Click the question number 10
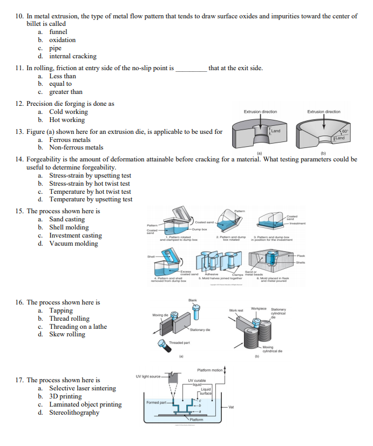coord(19,16)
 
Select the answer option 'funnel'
coord(58,32)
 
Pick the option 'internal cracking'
coord(73,56)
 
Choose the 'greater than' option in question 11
coord(66,92)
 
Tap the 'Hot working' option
coord(67,120)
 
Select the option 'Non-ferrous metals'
coord(76,147)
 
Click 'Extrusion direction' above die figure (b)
coord(323,112)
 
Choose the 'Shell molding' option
coord(70,227)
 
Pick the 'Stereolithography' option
coord(74,413)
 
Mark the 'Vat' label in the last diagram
coord(231,407)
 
